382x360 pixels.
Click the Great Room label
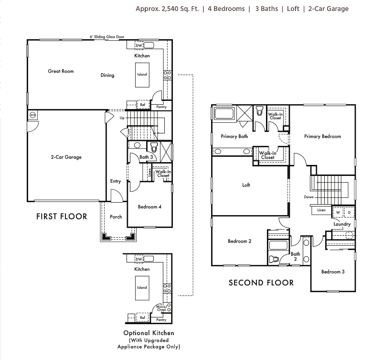61,71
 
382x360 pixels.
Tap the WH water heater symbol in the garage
32,115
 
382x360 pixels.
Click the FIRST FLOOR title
62,217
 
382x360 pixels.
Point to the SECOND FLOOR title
261,283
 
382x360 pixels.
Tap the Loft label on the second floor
246,185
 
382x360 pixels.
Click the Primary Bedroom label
322,136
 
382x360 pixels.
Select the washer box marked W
338,212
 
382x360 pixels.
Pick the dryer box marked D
349,212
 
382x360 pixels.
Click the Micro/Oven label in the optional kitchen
161,309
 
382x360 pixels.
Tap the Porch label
116,217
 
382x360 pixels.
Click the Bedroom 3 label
332,272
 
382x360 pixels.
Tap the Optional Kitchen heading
149,333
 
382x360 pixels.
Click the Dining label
107,75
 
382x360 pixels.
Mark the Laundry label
342,224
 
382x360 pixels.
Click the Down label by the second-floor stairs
308,197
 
